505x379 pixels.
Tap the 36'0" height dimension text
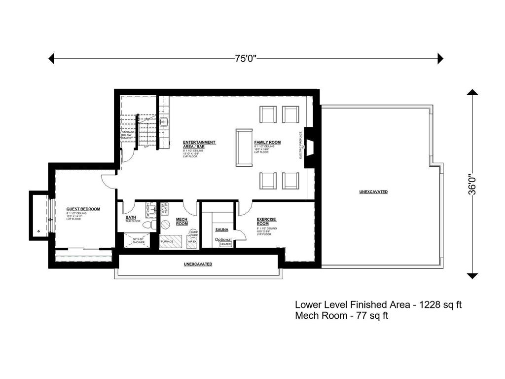[x=472, y=184]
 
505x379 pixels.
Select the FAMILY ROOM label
[x=267, y=142]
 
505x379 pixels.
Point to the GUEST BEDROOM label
[x=83, y=209]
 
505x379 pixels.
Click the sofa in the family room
[x=244, y=148]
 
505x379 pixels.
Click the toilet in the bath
[x=148, y=225]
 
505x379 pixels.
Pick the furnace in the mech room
[x=170, y=242]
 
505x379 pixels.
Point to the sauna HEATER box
[x=225, y=244]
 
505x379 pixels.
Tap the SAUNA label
[x=221, y=230]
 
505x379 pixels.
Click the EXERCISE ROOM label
[x=266, y=221]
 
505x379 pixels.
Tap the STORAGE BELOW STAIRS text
[x=128, y=135]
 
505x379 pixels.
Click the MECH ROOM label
[x=182, y=222]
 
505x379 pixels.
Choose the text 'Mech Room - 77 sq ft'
[x=341, y=316]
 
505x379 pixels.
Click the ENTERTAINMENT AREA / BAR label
[x=199, y=144]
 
